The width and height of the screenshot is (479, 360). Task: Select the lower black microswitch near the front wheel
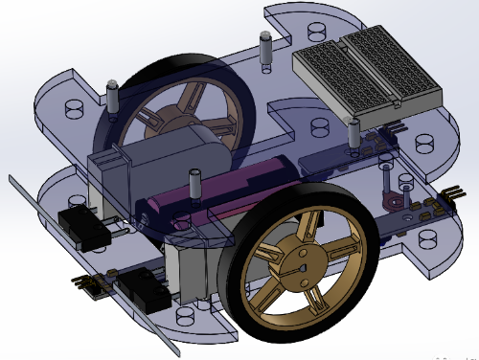(x=144, y=287)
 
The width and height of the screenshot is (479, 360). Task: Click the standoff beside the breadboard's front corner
(x=352, y=133)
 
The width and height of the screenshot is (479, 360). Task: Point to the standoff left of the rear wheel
(x=111, y=98)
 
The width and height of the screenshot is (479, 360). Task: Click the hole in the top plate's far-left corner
(x=72, y=108)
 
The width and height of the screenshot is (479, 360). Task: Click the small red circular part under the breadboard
(x=391, y=199)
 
